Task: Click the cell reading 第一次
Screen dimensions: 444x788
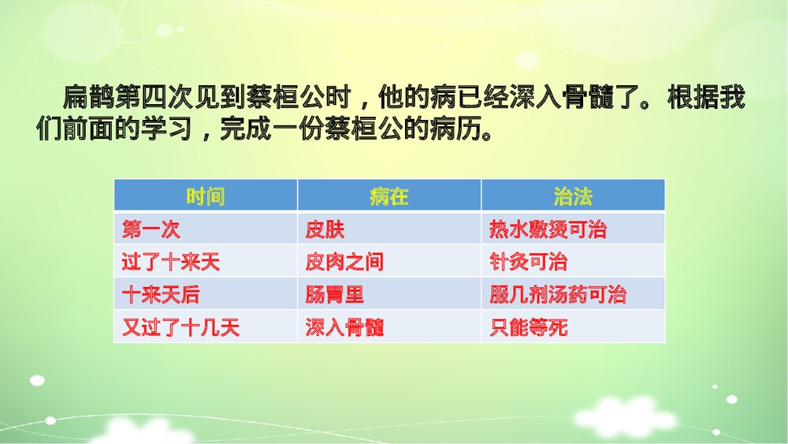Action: pos(151,229)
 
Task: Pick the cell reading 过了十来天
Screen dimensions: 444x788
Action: pos(170,262)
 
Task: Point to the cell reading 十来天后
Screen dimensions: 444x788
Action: pos(161,295)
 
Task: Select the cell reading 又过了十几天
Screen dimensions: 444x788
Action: pos(180,327)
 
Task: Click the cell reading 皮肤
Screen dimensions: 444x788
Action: pos(325,229)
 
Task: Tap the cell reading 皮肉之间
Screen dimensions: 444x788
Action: pos(344,262)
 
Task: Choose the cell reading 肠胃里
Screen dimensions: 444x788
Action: pos(335,295)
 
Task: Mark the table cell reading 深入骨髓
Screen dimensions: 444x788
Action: pos(344,327)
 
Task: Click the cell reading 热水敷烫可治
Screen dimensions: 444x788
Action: pos(548,229)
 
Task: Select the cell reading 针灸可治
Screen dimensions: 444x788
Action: pos(528,262)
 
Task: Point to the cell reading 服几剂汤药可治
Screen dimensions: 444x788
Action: pos(558,295)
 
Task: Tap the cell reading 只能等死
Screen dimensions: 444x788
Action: pos(528,327)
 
